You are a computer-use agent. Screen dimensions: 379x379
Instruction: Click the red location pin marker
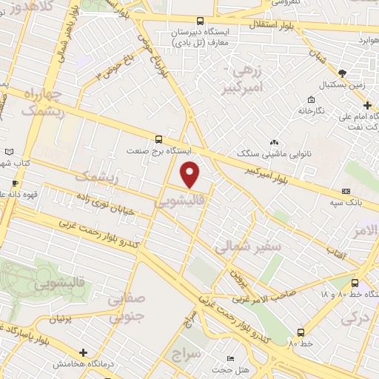(x=191, y=174)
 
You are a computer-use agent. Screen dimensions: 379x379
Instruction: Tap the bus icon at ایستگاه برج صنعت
(x=159, y=139)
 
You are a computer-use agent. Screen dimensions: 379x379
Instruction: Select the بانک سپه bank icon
(x=345, y=191)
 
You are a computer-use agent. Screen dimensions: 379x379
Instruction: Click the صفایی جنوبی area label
(x=125, y=309)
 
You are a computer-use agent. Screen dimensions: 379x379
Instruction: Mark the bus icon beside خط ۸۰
(x=301, y=332)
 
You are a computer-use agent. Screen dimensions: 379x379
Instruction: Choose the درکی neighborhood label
(x=355, y=318)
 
